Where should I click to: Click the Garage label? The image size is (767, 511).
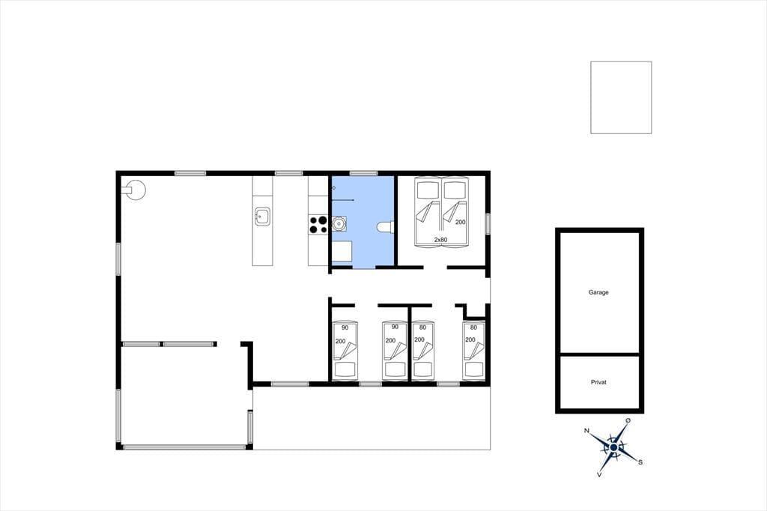point(598,292)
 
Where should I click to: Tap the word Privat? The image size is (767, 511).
point(598,382)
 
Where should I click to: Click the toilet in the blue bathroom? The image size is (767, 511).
point(386,227)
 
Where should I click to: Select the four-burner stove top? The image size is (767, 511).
point(318,225)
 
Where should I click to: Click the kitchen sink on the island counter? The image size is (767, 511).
point(262,216)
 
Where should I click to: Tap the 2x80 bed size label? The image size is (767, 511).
point(440,240)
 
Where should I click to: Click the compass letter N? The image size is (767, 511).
point(586,431)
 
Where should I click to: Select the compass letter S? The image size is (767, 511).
point(640,462)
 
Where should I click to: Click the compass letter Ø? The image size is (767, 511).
point(628,420)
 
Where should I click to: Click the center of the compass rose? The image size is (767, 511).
point(613,447)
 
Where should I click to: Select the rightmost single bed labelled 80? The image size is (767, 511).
point(473,351)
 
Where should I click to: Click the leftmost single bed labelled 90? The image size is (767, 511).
point(345,351)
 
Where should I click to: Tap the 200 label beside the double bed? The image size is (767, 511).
point(461,222)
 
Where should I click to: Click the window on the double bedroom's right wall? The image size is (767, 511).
point(488,224)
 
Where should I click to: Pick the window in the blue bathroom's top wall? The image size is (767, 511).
point(363,173)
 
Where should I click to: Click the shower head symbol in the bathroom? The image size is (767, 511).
point(333,187)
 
